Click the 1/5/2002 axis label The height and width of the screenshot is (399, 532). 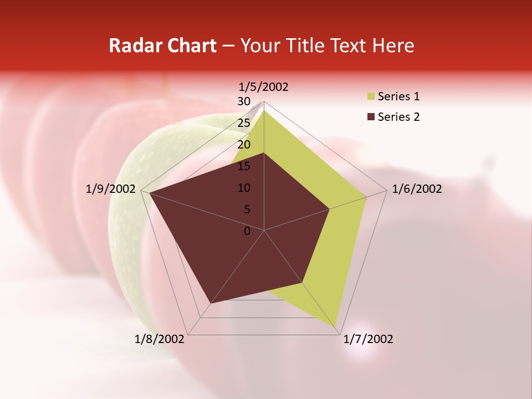tap(264, 87)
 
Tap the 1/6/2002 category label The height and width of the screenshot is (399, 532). tap(417, 189)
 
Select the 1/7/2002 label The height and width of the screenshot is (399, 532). tap(368, 339)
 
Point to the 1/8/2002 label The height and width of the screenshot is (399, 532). tap(160, 339)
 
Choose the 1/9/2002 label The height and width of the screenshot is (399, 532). tap(111, 189)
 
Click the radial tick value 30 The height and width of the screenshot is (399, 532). tap(244, 101)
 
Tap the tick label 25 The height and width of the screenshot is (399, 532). tap(244, 123)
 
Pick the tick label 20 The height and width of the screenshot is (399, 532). tap(244, 145)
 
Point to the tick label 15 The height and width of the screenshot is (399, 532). tap(244, 166)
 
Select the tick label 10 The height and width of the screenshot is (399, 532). tap(244, 188)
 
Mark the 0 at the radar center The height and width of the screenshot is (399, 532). tap(247, 231)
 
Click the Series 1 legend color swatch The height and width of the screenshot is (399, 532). tap(371, 97)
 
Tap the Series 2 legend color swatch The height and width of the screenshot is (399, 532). tap(371, 117)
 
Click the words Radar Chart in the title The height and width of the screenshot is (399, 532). tap(162, 45)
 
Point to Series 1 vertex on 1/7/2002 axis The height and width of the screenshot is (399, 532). tap(336, 326)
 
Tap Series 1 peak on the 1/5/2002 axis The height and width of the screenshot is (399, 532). tap(264, 110)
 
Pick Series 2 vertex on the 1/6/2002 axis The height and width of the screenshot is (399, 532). tap(330, 209)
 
